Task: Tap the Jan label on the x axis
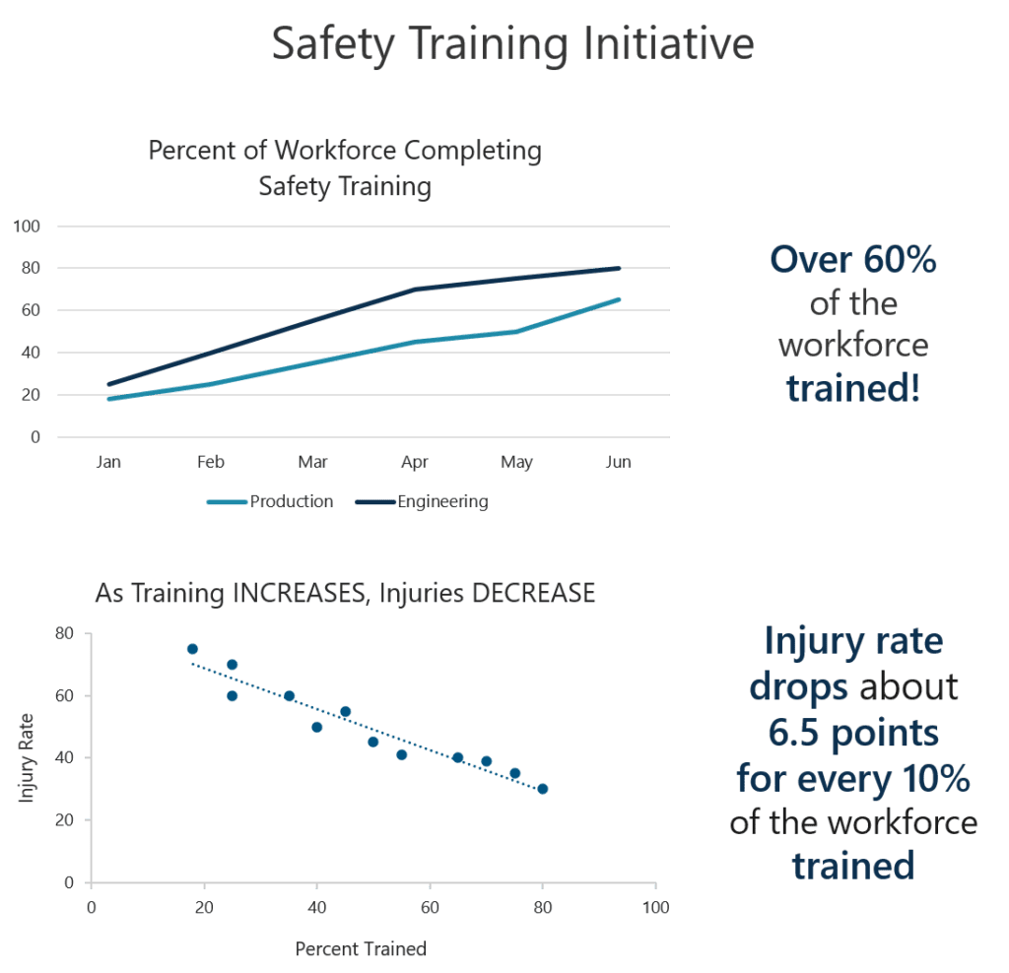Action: (108, 462)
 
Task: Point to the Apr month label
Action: (415, 462)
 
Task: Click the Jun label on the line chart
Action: (618, 462)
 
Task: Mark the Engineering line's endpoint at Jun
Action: (619, 268)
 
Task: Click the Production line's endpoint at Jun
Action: (619, 299)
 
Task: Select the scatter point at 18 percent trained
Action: (192, 649)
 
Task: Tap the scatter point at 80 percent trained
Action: (542, 789)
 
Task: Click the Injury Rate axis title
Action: (27, 757)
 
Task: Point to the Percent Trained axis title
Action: (361, 949)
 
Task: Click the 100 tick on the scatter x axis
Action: (655, 906)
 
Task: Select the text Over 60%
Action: (852, 261)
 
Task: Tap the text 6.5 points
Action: (853, 734)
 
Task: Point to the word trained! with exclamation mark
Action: (853, 389)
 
